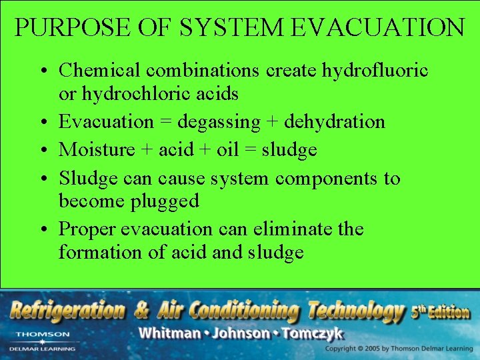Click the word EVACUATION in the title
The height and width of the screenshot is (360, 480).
378,27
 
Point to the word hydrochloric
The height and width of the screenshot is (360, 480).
131,94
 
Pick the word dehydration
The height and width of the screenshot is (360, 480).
334,122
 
